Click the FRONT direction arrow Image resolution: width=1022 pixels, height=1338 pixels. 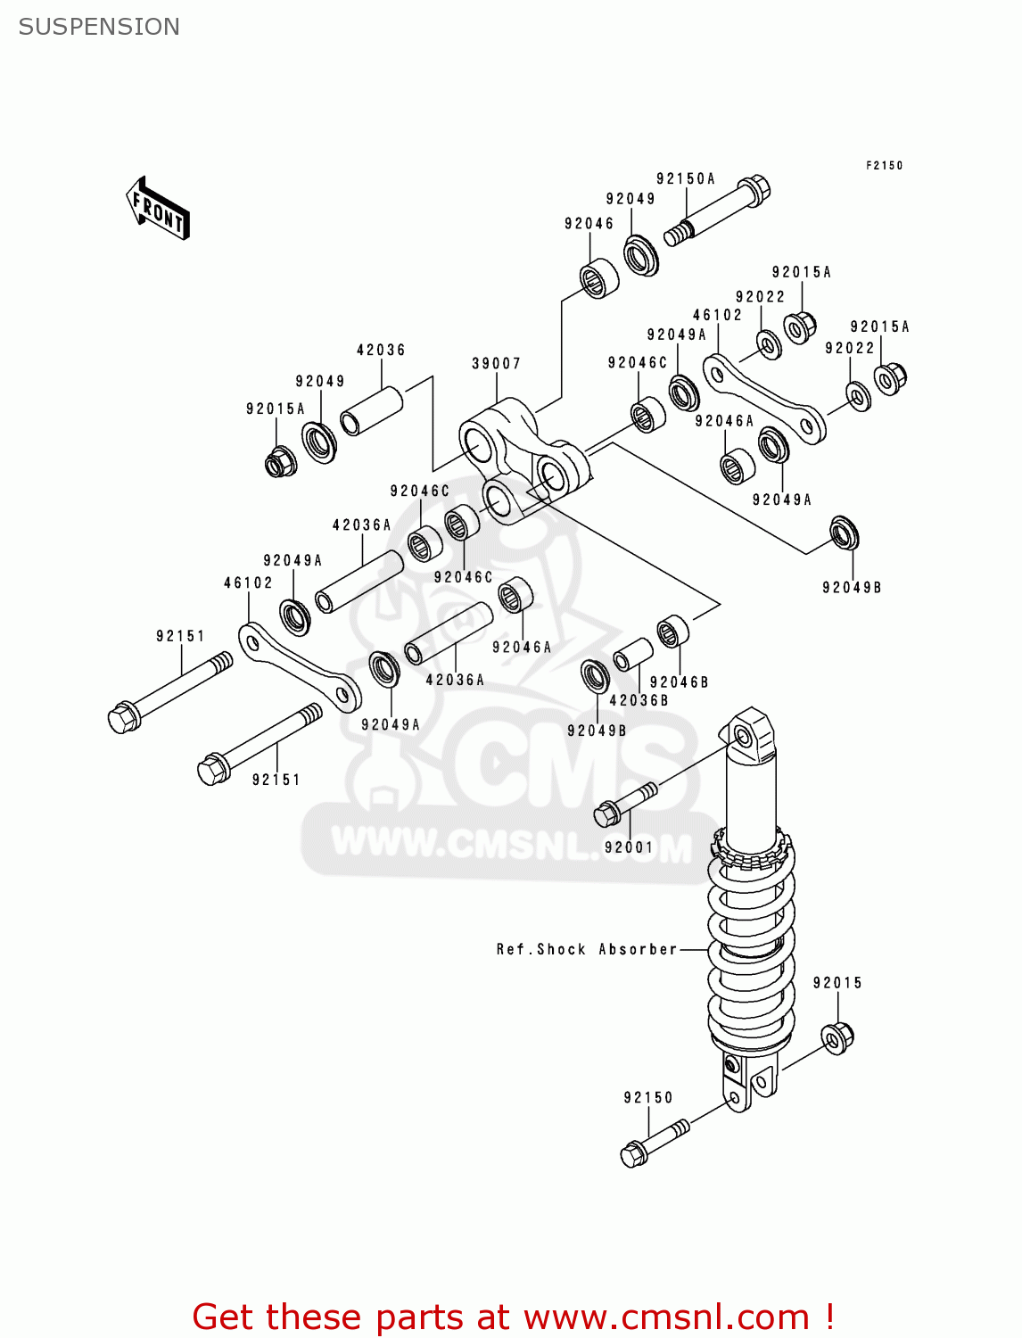tap(158, 209)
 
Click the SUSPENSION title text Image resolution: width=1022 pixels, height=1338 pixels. tap(99, 27)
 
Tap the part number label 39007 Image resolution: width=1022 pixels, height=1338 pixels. tap(496, 363)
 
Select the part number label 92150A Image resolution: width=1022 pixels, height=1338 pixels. tap(685, 178)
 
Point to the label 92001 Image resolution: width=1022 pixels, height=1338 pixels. tap(629, 847)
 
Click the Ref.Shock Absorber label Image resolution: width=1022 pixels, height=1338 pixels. tap(587, 949)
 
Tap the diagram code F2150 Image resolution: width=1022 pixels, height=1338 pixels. tap(884, 165)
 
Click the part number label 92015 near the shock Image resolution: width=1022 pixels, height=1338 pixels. tap(837, 983)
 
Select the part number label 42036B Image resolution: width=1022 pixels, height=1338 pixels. tap(639, 700)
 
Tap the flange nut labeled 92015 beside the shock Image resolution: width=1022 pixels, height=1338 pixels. tap(837, 1037)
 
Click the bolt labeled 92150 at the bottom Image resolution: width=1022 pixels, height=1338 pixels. tap(654, 1143)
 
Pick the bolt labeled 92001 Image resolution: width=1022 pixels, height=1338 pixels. tap(624, 803)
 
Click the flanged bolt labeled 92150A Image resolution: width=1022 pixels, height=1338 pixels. tap(718, 212)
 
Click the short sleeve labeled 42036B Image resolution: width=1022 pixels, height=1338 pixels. tap(632, 654)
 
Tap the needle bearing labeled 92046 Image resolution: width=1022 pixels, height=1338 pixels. tap(599, 278)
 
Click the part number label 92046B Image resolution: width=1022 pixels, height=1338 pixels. tap(679, 682)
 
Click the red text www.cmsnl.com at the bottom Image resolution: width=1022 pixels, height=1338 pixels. tap(665, 1317)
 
